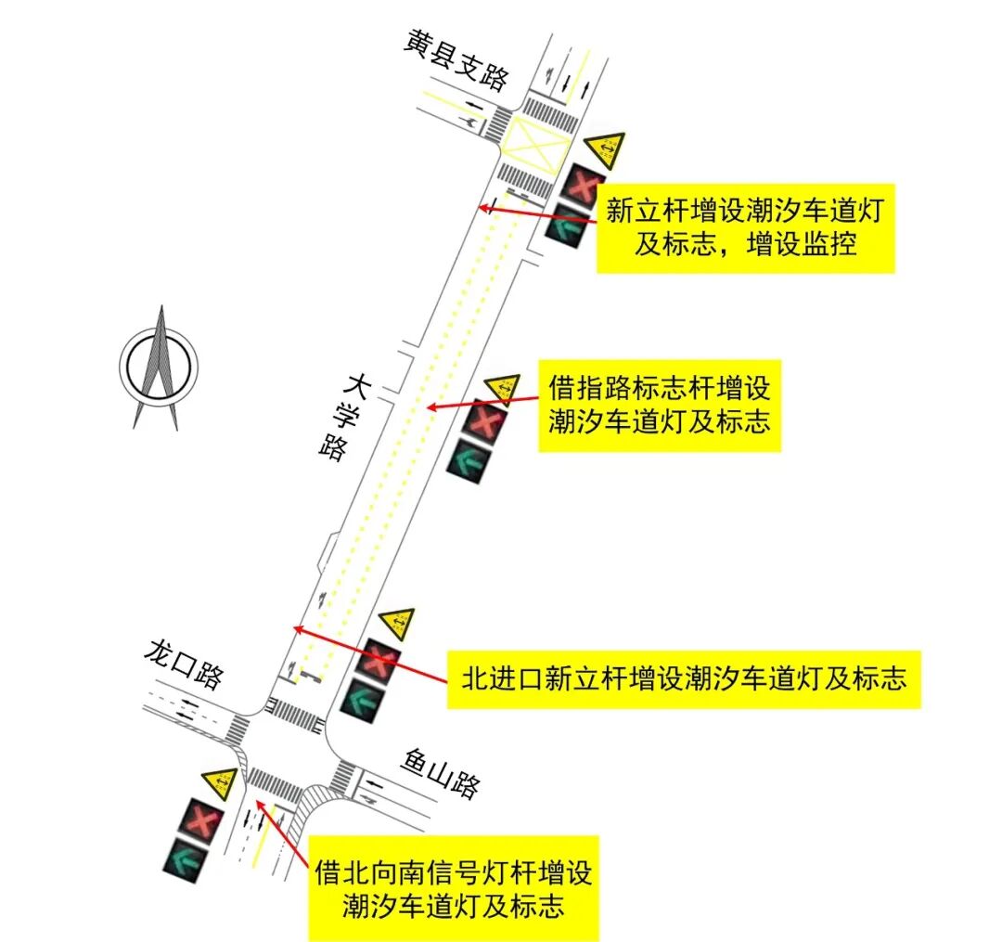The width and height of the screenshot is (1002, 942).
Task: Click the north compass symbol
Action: pyautogui.click(x=161, y=368)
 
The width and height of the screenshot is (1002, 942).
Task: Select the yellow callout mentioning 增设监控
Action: pyautogui.click(x=745, y=227)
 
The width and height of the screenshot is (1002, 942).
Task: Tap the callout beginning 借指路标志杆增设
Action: pyautogui.click(x=659, y=406)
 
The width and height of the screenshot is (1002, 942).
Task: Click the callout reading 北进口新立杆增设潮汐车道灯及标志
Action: pyautogui.click(x=683, y=679)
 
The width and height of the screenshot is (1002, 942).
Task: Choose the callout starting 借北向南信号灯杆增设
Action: pyautogui.click(x=453, y=888)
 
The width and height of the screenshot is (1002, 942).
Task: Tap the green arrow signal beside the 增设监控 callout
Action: pyautogui.click(x=564, y=226)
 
